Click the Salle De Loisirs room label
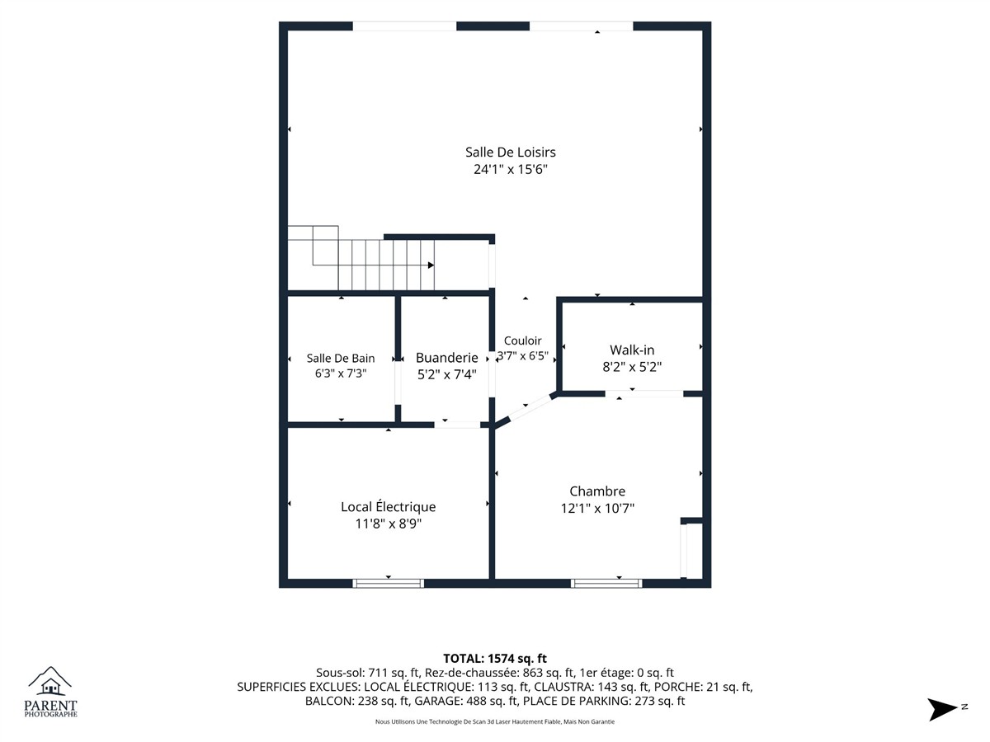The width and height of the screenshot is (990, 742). point(510,153)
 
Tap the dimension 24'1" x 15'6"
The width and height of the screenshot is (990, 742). point(510,169)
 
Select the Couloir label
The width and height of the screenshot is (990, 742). point(522,340)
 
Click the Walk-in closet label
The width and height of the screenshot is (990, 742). point(631,350)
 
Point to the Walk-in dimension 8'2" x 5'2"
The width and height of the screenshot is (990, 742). point(631,367)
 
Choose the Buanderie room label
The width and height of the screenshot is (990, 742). point(446,358)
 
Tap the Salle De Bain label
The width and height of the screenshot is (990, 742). point(341,358)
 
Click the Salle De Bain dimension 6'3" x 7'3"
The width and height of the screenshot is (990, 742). point(341,373)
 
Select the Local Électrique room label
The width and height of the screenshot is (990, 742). point(388,507)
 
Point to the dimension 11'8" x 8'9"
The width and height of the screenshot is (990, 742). point(388,524)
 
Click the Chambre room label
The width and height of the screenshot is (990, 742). point(597,491)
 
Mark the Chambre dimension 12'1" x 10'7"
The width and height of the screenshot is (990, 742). point(597,508)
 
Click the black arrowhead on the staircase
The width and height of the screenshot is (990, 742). point(431,265)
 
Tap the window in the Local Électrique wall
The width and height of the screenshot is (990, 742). point(388,584)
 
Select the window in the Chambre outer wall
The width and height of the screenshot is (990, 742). point(606,584)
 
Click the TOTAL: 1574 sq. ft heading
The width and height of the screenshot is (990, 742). point(495,659)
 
